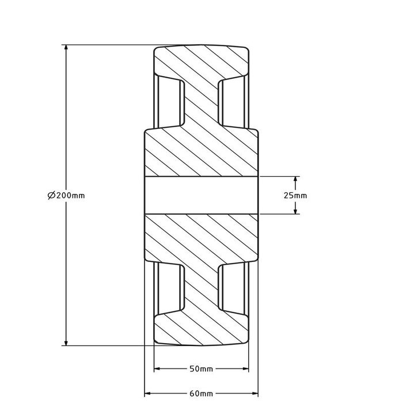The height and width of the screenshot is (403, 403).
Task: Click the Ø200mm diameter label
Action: coord(66,196)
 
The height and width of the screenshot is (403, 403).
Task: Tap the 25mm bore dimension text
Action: coord(295,196)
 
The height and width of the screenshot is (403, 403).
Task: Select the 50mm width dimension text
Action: coord(201,368)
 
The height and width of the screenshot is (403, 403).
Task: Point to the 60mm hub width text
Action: coord(201,394)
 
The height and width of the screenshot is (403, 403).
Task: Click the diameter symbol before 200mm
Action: coord(51,196)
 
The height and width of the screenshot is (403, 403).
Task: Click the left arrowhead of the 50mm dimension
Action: coord(157,368)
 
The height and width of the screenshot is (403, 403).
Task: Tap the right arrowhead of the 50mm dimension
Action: coord(246,368)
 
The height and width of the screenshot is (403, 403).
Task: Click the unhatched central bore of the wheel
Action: coord(201,195)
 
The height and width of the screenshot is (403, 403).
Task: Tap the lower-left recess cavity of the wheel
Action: coord(170,288)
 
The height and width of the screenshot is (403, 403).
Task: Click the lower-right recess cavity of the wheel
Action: coord(233,288)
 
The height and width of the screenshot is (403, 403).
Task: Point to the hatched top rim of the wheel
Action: coord(201,60)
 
